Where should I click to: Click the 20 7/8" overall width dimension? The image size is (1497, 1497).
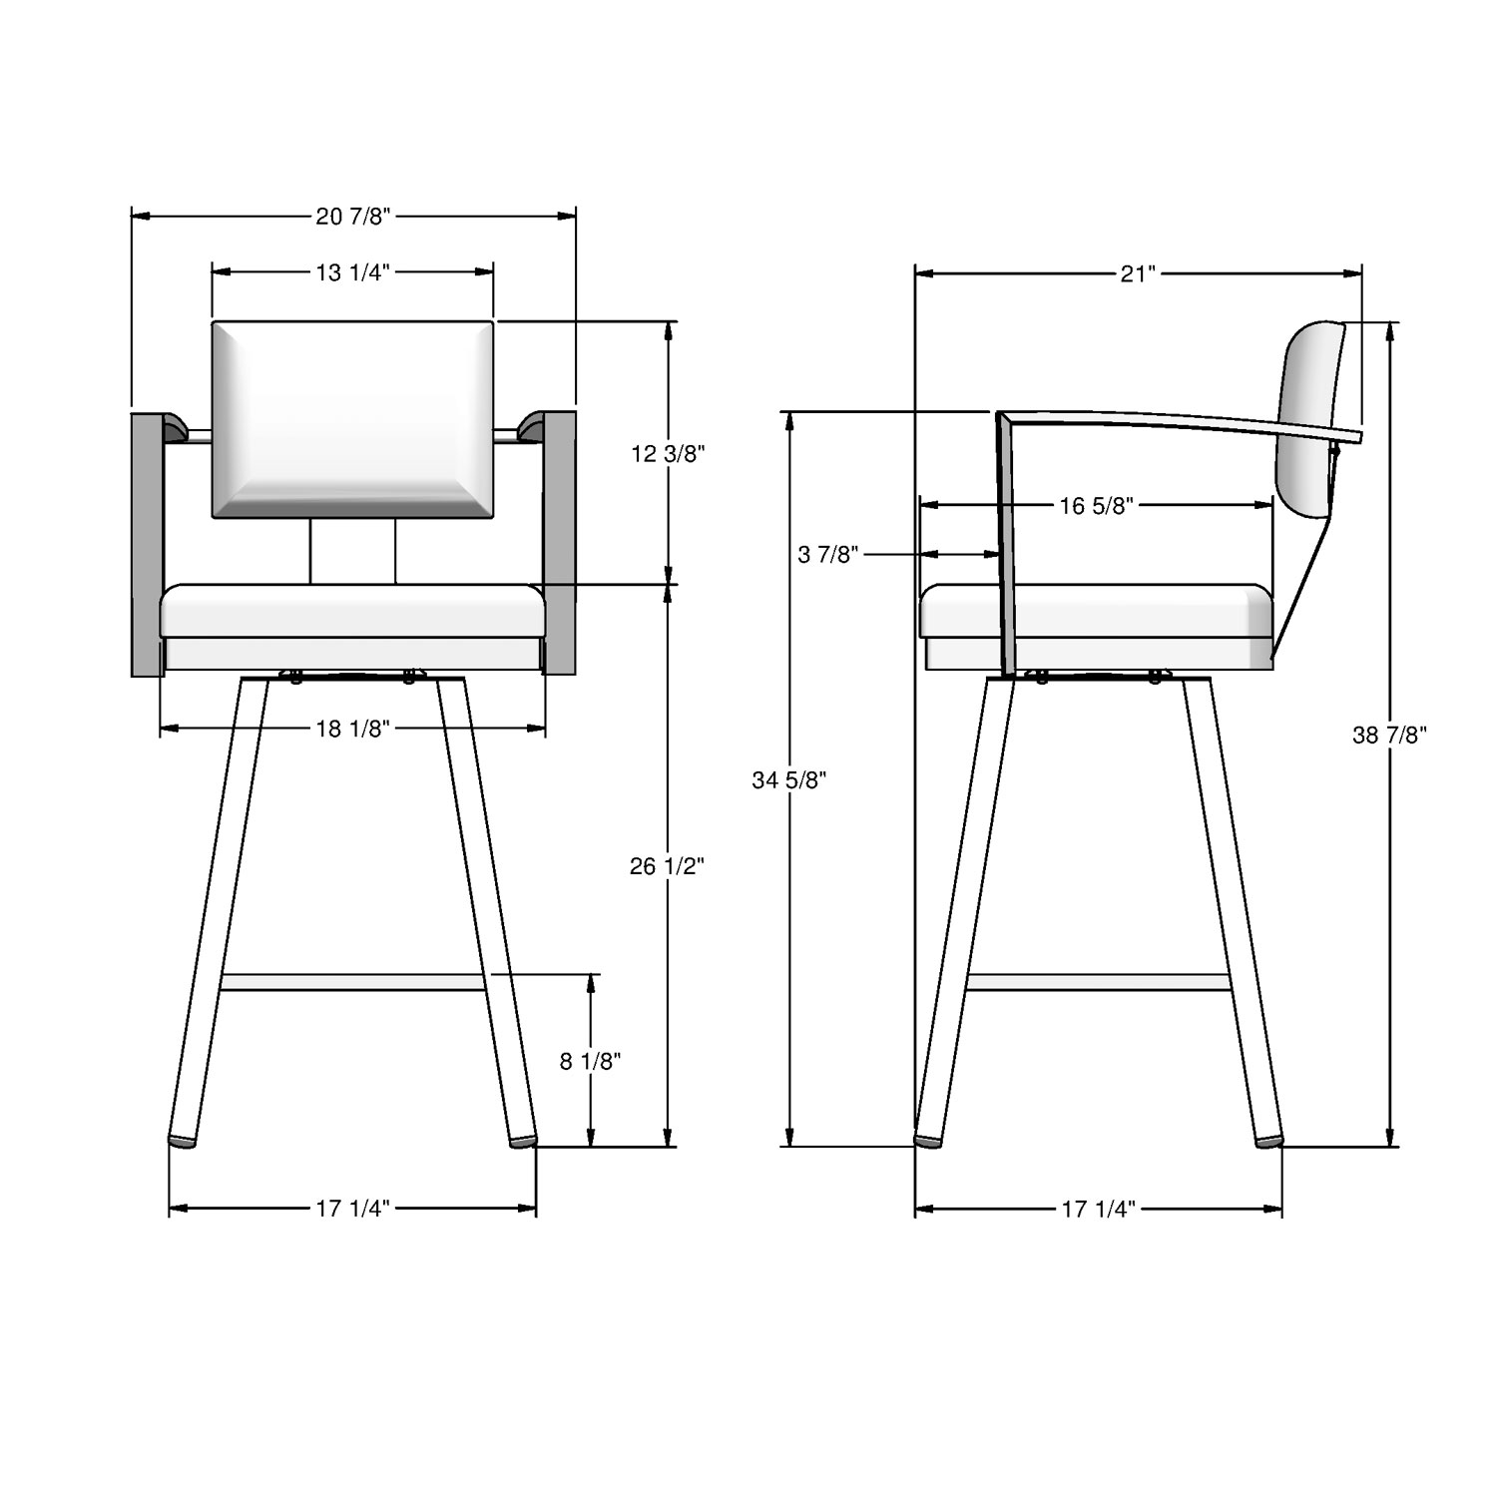click(x=352, y=216)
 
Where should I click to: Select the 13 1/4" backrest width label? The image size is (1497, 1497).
click(x=352, y=271)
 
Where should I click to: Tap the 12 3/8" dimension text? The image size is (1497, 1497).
click(x=668, y=454)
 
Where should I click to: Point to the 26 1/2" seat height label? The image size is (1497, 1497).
click(x=667, y=866)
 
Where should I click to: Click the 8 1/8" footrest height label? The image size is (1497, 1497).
click(x=590, y=1062)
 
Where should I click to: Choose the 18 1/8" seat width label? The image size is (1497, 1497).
click(x=352, y=730)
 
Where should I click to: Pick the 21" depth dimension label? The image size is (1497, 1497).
click(x=1137, y=273)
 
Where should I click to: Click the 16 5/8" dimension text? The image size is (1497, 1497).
click(x=1097, y=506)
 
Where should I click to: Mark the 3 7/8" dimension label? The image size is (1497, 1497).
click(x=828, y=555)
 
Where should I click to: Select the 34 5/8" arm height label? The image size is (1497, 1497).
click(x=789, y=780)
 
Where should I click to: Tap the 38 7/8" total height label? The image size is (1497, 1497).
click(x=1389, y=736)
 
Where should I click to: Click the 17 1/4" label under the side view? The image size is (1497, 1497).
click(x=1098, y=1210)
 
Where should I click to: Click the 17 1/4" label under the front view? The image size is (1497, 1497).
click(x=352, y=1210)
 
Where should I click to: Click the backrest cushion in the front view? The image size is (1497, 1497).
click(x=352, y=419)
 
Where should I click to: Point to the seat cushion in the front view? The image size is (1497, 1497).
click(x=352, y=611)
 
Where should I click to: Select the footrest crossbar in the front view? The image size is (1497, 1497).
click(x=352, y=982)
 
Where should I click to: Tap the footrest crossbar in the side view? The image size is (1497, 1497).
click(x=1098, y=982)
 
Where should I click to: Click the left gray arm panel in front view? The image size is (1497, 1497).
click(x=147, y=544)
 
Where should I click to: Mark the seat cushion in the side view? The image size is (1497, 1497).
click(x=1138, y=611)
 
